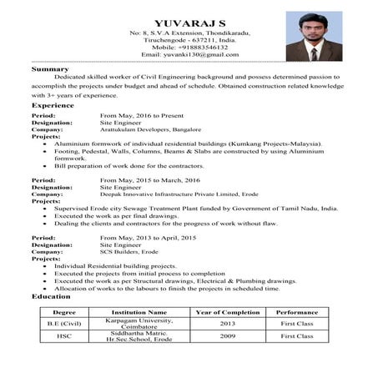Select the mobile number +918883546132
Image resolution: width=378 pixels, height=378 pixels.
pyautogui.click(x=190, y=47)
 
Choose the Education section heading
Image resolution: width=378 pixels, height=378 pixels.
pyautogui.click(x=50, y=297)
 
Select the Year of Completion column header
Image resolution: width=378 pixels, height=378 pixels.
pyautogui.click(x=228, y=312)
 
